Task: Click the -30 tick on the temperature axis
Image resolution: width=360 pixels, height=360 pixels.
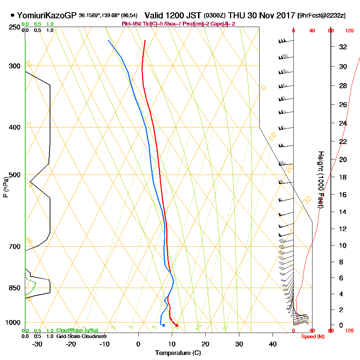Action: tap(37, 344)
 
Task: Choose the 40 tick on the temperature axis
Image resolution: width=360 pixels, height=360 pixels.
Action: tap(273, 344)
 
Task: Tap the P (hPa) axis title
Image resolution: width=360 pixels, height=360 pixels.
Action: tap(5, 187)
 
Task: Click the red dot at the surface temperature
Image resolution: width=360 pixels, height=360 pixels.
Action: tap(176, 325)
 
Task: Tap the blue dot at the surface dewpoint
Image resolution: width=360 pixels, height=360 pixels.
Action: tap(163, 325)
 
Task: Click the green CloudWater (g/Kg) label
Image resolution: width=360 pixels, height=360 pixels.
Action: tap(77, 330)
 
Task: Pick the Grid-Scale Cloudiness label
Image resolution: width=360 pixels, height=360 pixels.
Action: tap(81, 336)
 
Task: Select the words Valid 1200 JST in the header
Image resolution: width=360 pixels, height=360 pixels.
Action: tap(173, 15)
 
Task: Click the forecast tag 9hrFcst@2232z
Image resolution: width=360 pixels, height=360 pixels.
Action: tap(321, 15)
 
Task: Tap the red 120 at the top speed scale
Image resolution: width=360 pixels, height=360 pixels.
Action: tap(349, 31)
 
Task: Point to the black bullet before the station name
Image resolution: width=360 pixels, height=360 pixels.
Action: tap(13, 15)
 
